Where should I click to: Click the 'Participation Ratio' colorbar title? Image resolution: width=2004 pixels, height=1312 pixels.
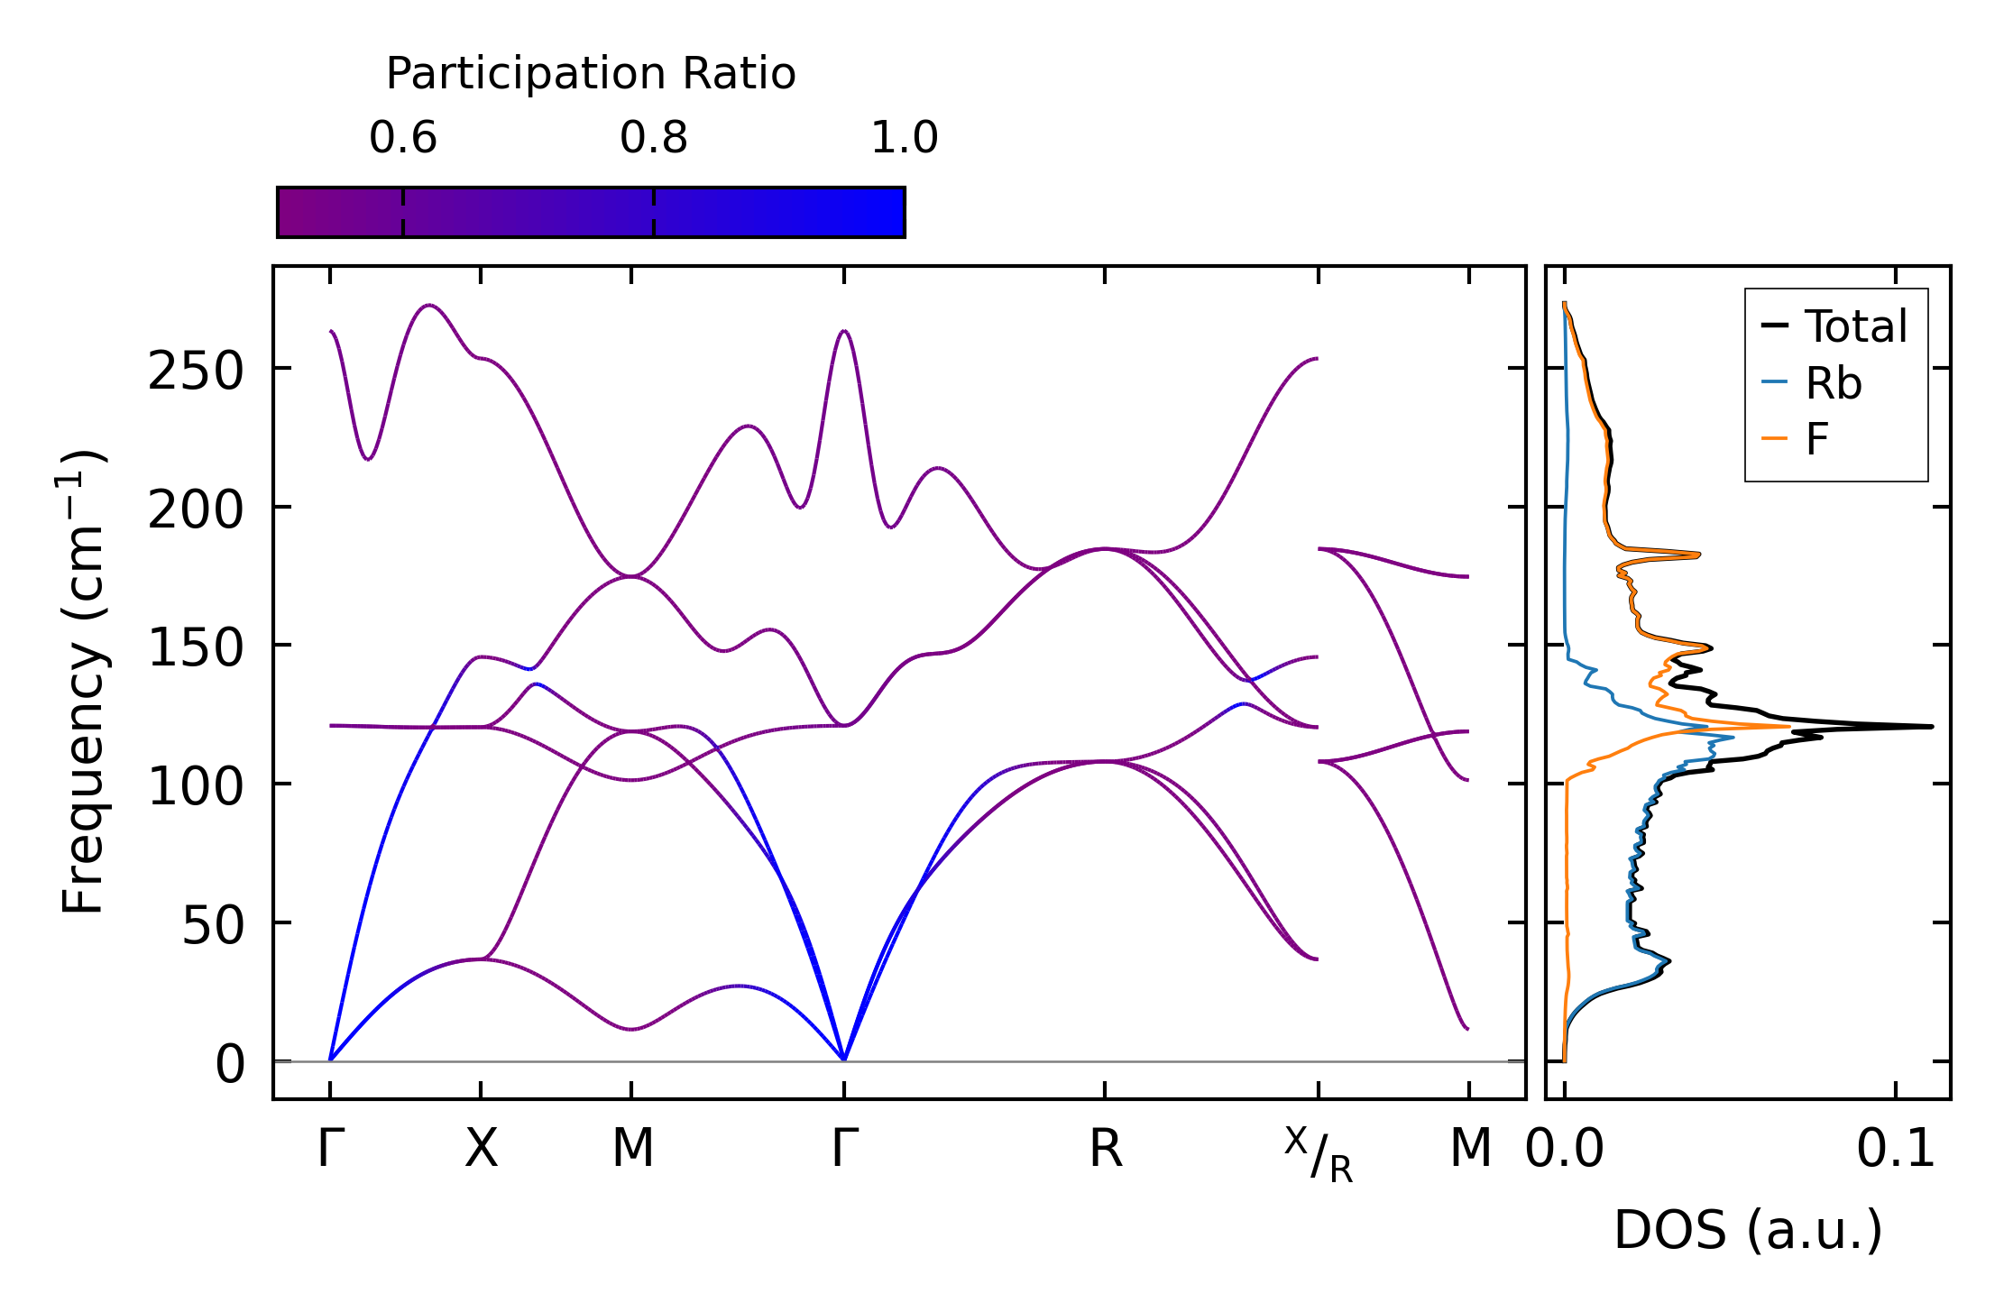(591, 74)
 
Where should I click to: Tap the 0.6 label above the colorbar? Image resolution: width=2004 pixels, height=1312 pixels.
(402, 139)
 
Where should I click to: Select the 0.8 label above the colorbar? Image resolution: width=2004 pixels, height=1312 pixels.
(653, 139)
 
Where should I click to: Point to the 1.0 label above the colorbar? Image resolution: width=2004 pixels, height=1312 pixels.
(904, 139)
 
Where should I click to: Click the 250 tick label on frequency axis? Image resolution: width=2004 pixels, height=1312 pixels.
(196, 371)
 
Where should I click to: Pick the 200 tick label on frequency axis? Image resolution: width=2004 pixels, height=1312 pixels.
(196, 510)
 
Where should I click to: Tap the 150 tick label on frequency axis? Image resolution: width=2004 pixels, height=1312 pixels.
(196, 648)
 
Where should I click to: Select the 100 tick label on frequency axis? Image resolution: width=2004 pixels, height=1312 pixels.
(196, 787)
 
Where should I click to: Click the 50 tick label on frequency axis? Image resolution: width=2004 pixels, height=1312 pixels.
(213, 925)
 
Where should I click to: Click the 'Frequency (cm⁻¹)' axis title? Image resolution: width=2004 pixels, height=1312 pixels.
(83, 682)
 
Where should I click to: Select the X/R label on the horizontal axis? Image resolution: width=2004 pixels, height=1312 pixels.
(1319, 1155)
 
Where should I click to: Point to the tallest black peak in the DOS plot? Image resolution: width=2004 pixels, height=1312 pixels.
(1930, 726)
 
